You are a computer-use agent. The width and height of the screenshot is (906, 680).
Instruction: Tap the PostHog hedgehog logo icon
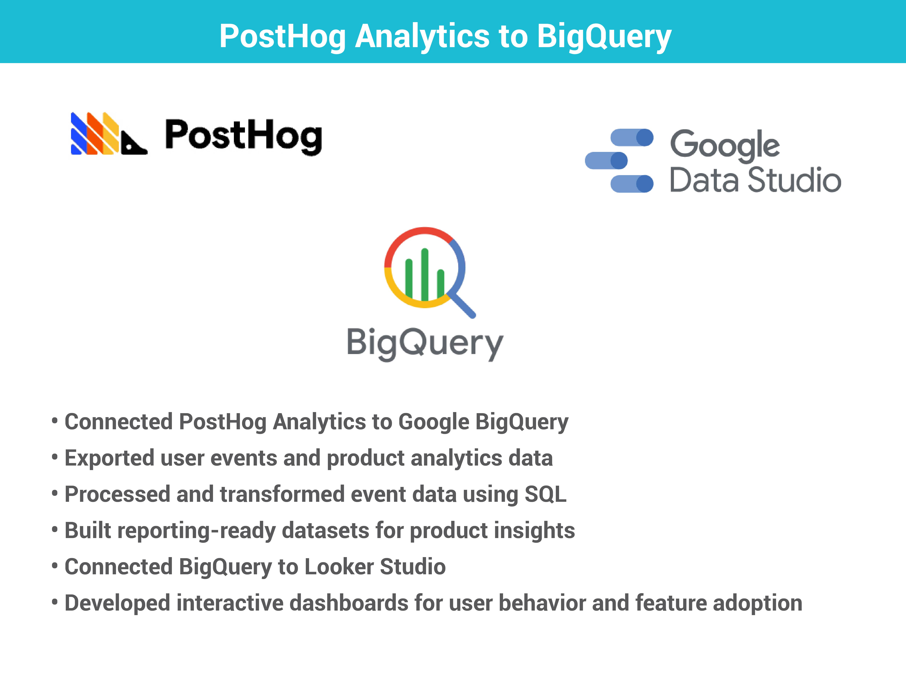109,134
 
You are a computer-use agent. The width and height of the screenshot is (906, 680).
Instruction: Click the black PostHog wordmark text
244,137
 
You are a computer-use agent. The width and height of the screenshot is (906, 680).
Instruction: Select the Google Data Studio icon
619,160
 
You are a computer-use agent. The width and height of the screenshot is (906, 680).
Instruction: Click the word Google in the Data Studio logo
725,146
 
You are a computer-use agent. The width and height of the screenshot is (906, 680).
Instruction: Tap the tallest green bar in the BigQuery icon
425,275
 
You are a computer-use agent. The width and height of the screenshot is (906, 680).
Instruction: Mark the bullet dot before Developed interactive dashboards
55,602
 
